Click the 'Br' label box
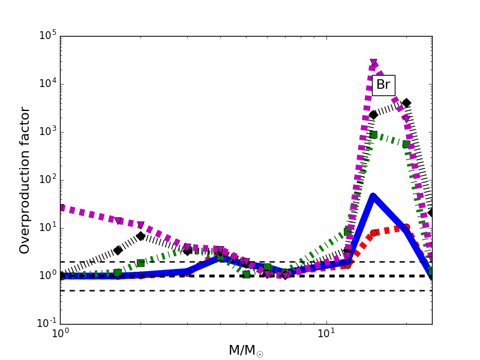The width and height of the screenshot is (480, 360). pos(383,85)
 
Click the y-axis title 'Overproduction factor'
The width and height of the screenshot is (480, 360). pos(25,180)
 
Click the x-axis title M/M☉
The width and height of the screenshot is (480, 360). pos(245,350)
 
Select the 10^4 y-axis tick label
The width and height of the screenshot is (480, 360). pos(47,83)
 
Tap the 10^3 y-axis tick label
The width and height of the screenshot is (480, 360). pos(47,131)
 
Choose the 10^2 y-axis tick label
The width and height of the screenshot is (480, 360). pos(47,179)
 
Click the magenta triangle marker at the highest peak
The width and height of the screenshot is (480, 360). pos(374,63)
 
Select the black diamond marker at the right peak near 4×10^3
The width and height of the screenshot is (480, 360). pos(406,103)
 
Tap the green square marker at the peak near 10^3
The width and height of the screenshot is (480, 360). pos(373,134)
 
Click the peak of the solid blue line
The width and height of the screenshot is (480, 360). pos(373,196)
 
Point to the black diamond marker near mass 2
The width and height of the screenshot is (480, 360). pos(140,236)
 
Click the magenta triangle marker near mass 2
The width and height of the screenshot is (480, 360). pos(140,226)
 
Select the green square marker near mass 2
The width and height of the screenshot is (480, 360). pos(140,263)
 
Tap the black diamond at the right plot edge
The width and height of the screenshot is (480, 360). pos(431,212)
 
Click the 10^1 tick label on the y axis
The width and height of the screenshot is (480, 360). pos(47,227)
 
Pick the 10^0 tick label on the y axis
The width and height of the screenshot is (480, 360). pos(47,275)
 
